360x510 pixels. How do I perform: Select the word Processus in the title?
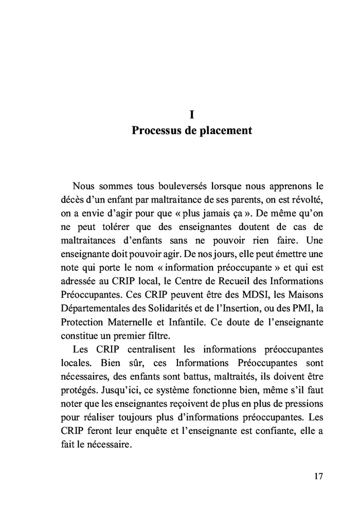point(155,131)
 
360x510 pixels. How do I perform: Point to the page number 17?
point(318,476)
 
